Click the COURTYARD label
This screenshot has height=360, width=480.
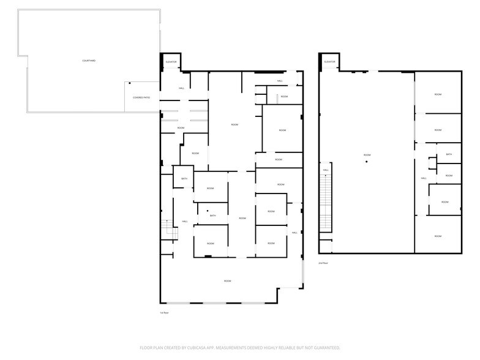pos(89,61)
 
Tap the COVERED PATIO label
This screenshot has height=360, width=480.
pos(141,98)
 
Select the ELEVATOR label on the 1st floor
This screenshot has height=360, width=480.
pos(171,62)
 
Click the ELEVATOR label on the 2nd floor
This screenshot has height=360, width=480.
pos(330,62)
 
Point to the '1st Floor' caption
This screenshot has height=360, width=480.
pos(164,313)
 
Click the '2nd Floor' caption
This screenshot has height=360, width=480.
pos(323,263)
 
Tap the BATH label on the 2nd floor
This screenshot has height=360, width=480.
pos(449,154)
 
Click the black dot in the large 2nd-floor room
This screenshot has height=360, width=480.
pos(366,162)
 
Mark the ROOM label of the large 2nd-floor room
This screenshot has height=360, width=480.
pos(367,155)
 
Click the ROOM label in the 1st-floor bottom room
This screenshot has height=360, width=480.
pos(227,281)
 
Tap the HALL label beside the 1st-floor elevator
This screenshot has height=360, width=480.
pos(182,88)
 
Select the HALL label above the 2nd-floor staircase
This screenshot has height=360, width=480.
pos(326,170)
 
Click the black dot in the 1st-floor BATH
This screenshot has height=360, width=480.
pos(208,211)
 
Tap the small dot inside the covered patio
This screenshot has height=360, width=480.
pos(130,83)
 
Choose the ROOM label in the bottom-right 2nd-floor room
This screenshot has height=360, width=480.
pos(438,236)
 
